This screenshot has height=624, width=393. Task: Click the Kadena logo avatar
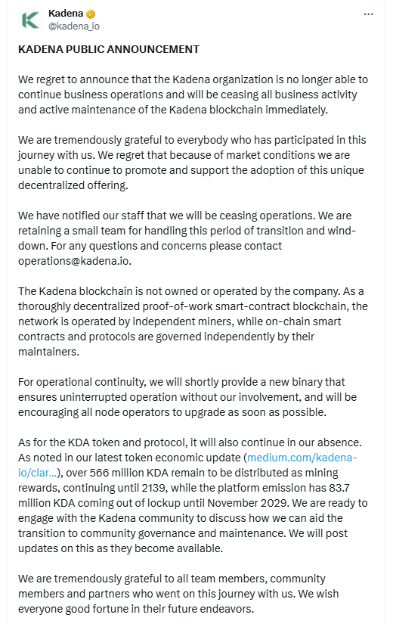coord(30,20)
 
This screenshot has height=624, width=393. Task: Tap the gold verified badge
coord(90,14)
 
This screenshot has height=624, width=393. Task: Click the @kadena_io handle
coord(73,26)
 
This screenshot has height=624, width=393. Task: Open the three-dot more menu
coord(368,14)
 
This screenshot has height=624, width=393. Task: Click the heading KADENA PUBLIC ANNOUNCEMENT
coord(109,49)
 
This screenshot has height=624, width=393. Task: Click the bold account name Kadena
coord(66,14)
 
